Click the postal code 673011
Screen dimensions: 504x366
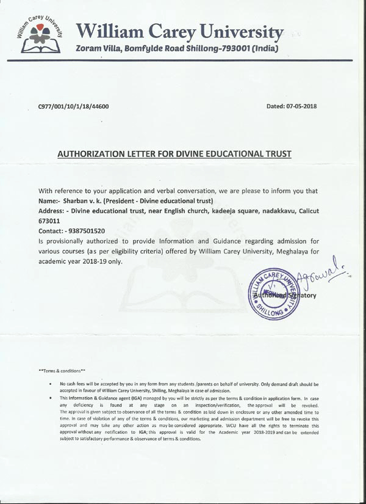[52, 221]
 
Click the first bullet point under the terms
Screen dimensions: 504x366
[49, 383]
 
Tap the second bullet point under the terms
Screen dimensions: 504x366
[49, 398]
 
